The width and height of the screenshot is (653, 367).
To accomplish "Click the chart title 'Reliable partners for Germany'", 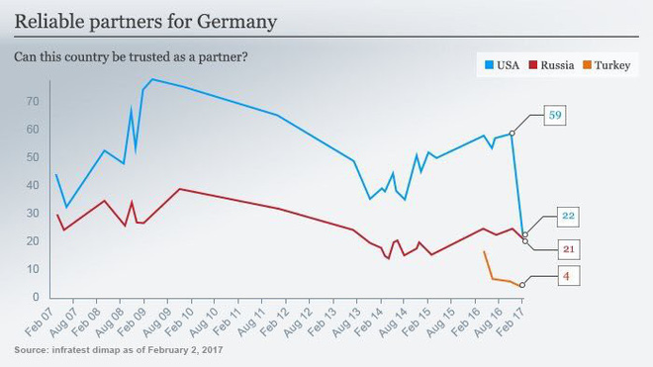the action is coord(145,22).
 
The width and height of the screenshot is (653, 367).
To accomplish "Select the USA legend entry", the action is coord(503,65).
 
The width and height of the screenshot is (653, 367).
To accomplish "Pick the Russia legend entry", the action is coord(551,65).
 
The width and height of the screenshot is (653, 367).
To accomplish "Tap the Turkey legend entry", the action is coord(606,65).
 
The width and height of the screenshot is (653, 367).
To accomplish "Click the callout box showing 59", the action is coord(555,115).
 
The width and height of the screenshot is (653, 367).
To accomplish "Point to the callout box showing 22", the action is coord(568,216).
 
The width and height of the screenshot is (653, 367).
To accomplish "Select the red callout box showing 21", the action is coord(569,249).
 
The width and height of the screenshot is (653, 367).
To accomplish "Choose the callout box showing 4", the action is coord(569,276).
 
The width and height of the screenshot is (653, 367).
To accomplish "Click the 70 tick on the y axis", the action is coord(33,101).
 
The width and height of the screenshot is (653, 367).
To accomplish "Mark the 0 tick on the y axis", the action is coord(36,297).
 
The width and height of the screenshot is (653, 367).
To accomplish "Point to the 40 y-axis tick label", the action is coord(33,185).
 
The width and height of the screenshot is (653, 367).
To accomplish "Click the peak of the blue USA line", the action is coord(152,79).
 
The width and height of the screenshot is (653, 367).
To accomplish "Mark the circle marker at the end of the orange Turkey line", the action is coord(522,285).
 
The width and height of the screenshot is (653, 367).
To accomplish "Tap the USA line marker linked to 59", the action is coord(512,134).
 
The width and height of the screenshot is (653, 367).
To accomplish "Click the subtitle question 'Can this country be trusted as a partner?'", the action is coord(131,56).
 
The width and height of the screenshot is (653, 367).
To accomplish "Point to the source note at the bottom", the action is coord(119,350).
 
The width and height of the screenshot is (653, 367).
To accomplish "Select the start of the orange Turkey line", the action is coord(484,251).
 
